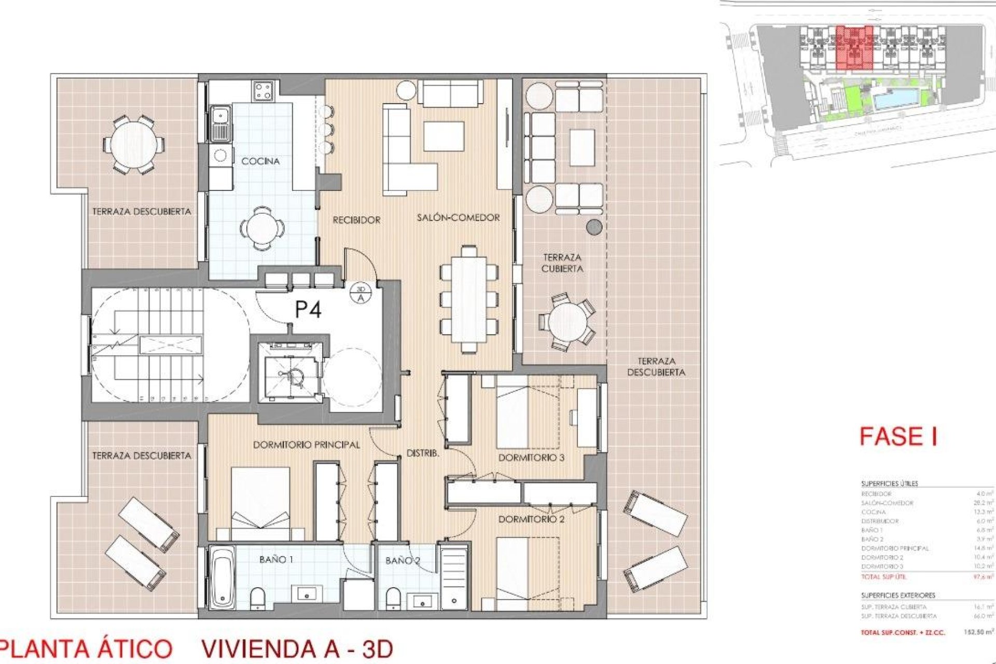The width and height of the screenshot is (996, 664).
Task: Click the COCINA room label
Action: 260,161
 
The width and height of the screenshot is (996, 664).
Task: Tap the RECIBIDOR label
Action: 356,220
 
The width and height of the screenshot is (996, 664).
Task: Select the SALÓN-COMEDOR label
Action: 458,218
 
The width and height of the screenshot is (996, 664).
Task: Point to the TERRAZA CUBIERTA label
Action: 562,263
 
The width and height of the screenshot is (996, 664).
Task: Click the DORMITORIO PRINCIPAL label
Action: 306,445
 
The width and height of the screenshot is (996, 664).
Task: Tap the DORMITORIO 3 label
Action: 531,458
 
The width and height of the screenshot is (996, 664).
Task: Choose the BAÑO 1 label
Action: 276,559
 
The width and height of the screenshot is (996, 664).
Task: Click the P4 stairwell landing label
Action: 308,310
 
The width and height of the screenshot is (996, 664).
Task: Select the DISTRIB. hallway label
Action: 423,453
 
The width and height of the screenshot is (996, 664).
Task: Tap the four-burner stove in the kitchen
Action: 263,92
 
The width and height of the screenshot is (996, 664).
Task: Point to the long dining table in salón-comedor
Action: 469,299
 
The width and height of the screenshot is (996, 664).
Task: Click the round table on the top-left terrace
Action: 133,144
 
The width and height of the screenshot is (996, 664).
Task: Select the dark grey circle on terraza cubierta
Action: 594,227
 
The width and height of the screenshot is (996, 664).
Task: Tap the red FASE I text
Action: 898,436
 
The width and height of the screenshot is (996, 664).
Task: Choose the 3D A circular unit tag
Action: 361,294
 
